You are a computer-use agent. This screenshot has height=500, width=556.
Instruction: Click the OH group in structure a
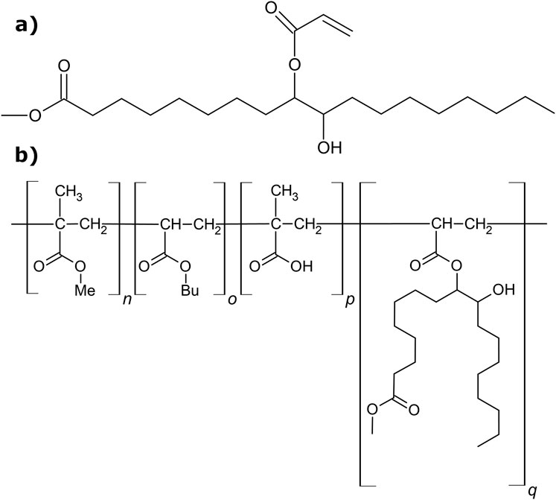click(326, 148)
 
